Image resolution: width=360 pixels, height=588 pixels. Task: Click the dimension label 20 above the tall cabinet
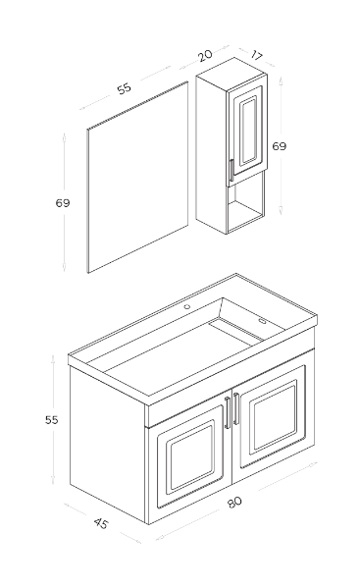pos(205,56)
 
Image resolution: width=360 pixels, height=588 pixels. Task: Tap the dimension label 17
pos(256,56)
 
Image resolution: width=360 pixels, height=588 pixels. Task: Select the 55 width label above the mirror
pos(125,88)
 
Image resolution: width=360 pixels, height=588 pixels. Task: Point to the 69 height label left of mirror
pos(63,203)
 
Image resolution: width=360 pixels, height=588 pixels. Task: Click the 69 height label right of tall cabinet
pos(279,146)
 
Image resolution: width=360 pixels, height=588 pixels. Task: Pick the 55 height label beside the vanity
pos(52,420)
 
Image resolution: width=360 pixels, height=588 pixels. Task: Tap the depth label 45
pos(100,523)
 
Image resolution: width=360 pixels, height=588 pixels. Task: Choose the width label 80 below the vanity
pos(234,503)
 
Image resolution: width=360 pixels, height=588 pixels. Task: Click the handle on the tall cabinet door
pos(231,171)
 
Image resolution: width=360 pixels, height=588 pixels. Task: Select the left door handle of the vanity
pos(227,412)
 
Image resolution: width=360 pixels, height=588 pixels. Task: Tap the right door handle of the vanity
pos(236,408)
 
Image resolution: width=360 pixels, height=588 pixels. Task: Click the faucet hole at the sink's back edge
pos(186,307)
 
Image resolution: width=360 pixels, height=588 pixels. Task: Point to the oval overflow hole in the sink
pos(261,321)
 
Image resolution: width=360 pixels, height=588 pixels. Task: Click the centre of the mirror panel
pos(137,177)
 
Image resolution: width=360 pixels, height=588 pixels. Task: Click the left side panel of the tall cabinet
pos(212,152)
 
